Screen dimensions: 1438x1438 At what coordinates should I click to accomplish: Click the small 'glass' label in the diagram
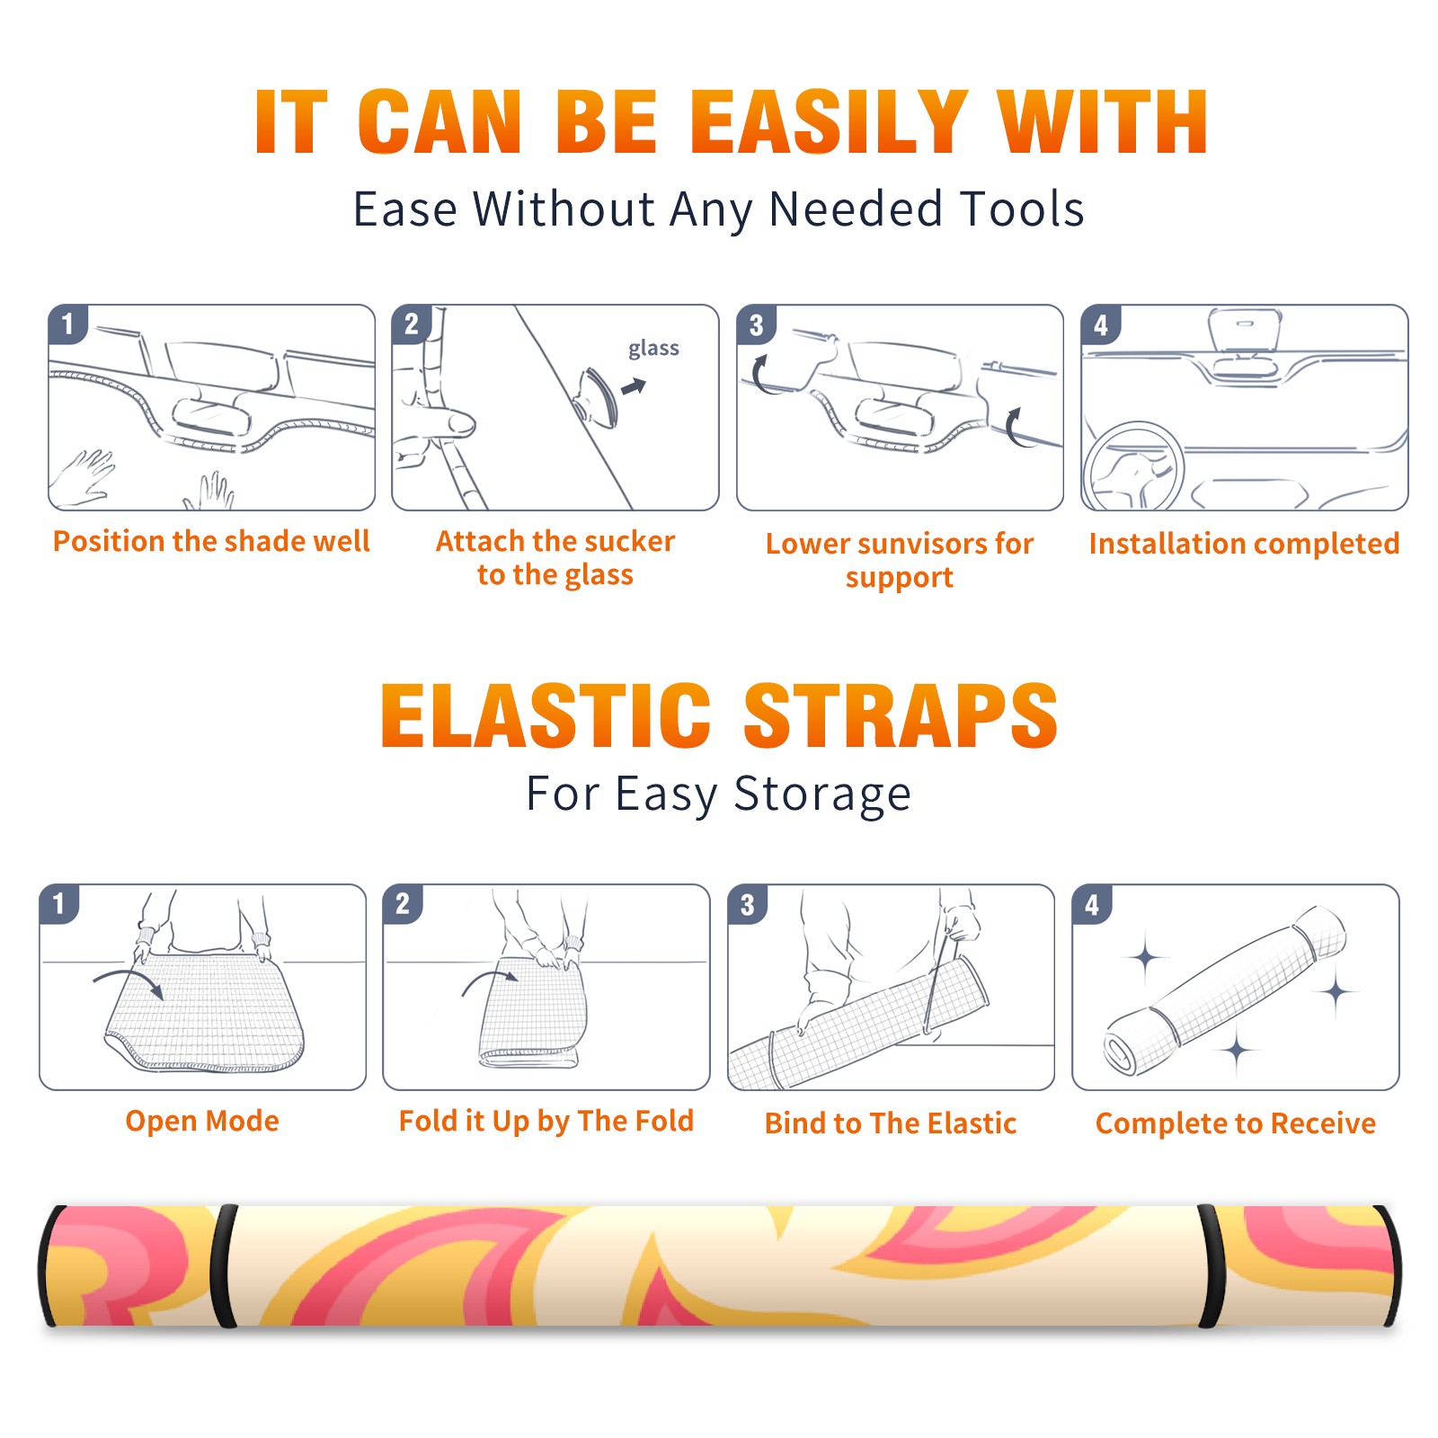click(653, 349)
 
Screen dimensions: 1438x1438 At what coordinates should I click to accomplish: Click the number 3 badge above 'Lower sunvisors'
click(757, 324)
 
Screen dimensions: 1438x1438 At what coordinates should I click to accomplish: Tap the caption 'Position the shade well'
click(211, 541)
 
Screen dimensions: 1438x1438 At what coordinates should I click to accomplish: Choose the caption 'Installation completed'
click(1244, 544)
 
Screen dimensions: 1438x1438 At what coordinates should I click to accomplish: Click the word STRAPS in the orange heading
click(900, 715)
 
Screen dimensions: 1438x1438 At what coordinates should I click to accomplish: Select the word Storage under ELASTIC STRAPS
click(822, 794)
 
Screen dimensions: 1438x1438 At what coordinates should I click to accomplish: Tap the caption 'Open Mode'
click(202, 1121)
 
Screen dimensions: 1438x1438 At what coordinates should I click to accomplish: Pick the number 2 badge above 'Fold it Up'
click(403, 904)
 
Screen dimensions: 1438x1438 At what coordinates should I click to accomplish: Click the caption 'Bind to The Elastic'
click(891, 1123)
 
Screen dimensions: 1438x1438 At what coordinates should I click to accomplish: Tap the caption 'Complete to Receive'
click(1236, 1123)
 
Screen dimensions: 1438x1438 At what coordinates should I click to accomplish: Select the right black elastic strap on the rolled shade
click(1210, 1265)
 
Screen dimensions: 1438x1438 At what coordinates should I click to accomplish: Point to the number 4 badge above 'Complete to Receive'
click(1092, 904)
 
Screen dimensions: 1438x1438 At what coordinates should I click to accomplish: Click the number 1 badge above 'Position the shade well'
click(68, 324)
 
